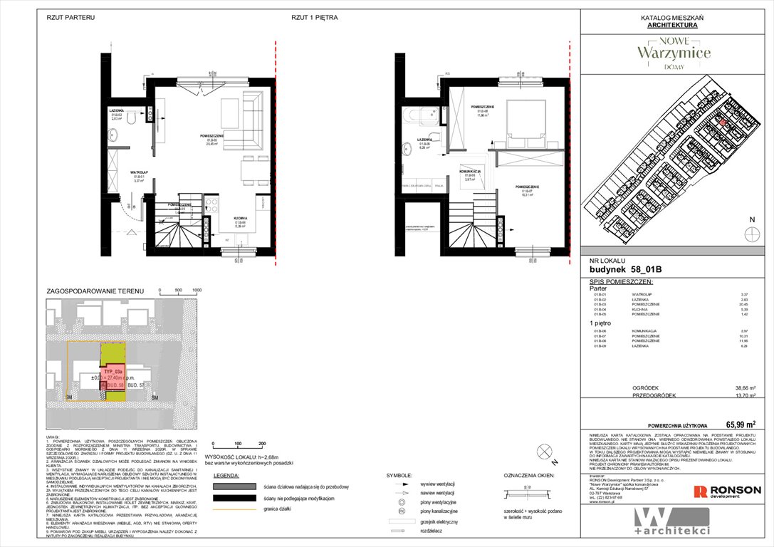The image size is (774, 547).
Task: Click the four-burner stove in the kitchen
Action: (212, 207)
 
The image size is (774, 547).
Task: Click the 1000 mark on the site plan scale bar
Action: (197, 291)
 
